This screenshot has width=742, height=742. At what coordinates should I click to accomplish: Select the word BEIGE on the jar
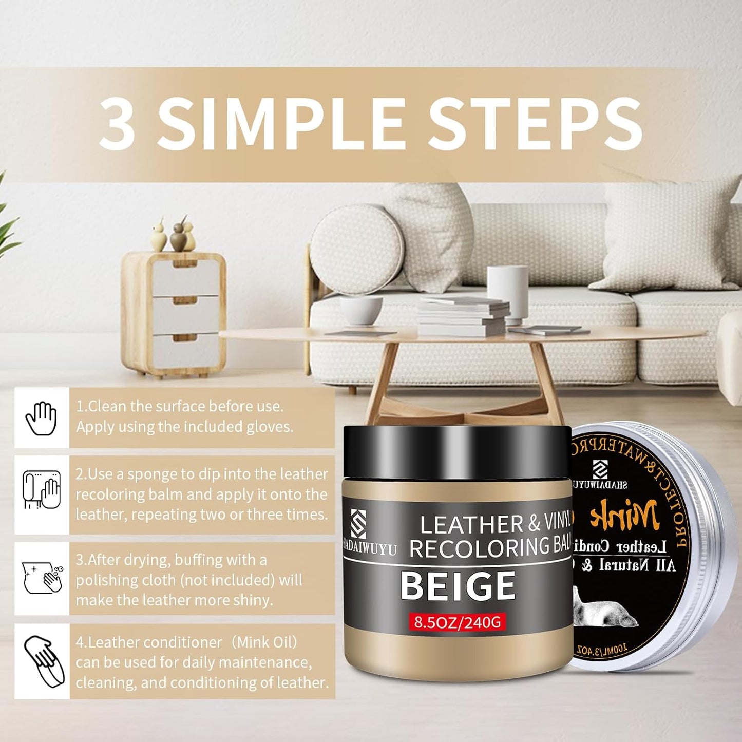pos(458,586)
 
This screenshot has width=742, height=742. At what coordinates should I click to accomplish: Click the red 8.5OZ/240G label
pos(457,622)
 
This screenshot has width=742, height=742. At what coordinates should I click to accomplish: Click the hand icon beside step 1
pos(42,418)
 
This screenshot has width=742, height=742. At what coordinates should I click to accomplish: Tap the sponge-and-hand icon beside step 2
pos(42,490)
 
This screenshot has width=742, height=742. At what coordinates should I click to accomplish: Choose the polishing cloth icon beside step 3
pos(42,578)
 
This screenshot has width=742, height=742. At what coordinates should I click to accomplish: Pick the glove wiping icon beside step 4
pos(44,661)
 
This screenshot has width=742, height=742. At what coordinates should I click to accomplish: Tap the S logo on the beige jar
pos(358,524)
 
